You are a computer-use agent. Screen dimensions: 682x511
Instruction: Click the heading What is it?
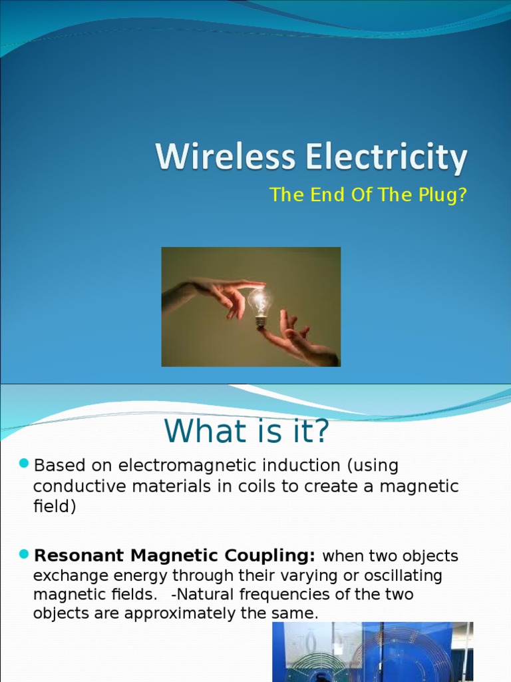tap(247, 432)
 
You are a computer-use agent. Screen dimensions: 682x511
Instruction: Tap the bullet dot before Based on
tap(24, 463)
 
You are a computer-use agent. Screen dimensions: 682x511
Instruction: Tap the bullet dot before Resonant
tap(24, 553)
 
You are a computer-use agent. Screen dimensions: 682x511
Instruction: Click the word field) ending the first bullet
tap(55, 507)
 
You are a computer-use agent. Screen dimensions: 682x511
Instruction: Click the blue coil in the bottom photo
tap(393, 656)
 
